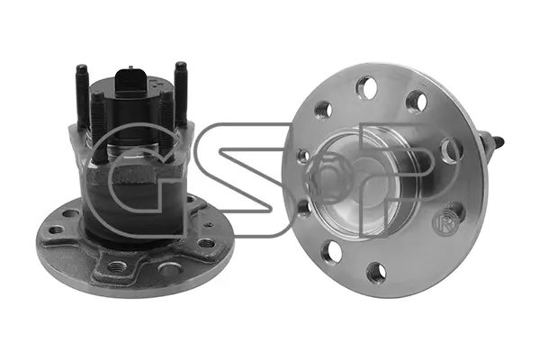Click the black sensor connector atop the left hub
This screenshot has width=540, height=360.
(x=129, y=84)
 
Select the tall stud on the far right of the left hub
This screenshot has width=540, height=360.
(x=181, y=94)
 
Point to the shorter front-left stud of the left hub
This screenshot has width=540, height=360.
(x=98, y=126)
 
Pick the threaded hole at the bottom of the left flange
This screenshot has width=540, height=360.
(x=116, y=266)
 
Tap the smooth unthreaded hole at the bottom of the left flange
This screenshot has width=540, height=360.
(x=170, y=268)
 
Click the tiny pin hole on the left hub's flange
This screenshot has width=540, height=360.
(x=208, y=225)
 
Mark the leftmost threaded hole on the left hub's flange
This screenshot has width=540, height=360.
(x=57, y=229)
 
